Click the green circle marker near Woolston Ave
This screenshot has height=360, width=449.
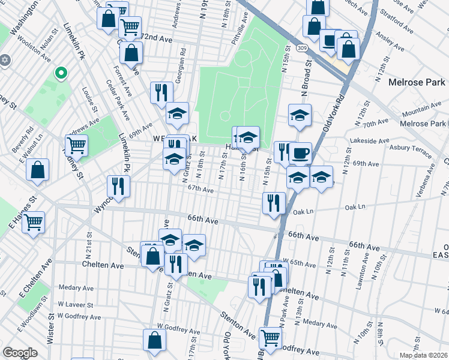(60, 74)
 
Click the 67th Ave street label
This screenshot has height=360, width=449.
(200, 190)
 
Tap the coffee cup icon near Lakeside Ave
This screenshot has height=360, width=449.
(300, 152)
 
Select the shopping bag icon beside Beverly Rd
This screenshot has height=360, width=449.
(38, 170)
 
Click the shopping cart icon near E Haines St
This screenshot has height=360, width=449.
(34, 222)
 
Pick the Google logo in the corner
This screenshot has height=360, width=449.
(20, 353)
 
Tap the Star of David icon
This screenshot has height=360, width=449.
(6, 61)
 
